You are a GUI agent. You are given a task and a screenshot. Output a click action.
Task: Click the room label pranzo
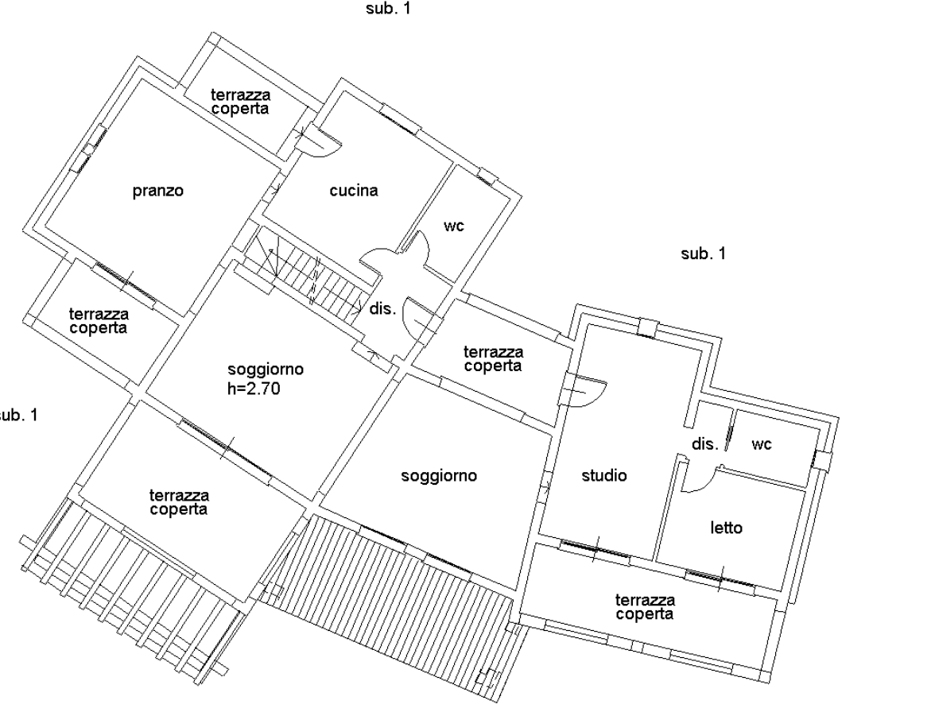coord(158,192)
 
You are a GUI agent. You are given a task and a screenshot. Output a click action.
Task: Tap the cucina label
coord(354,191)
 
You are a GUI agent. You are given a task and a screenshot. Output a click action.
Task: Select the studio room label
coord(604,475)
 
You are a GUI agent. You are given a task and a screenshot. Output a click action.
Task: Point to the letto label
coord(727,528)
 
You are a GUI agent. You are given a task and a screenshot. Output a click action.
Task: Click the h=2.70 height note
coord(254,389)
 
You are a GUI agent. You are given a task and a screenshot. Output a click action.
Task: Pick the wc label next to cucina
coord(454,226)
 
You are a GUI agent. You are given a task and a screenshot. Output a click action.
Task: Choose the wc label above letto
coord(762,444)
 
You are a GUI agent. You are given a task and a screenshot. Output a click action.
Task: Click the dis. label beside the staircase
coord(383,308)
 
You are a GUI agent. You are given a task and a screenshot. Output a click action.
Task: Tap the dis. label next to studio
coord(704,444)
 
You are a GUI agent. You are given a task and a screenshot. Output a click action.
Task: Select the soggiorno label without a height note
coord(439,476)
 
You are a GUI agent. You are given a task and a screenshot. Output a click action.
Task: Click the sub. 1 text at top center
coord(388,8)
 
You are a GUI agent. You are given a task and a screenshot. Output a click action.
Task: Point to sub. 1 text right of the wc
coord(704,253)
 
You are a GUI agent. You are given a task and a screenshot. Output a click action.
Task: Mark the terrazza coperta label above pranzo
coord(240,102)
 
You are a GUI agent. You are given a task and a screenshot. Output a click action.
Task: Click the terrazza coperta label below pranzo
coord(99,321)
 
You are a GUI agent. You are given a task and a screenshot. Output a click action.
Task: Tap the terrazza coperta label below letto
coord(645,607)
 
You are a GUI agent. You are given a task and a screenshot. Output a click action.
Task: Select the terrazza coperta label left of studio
coord(493,359)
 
